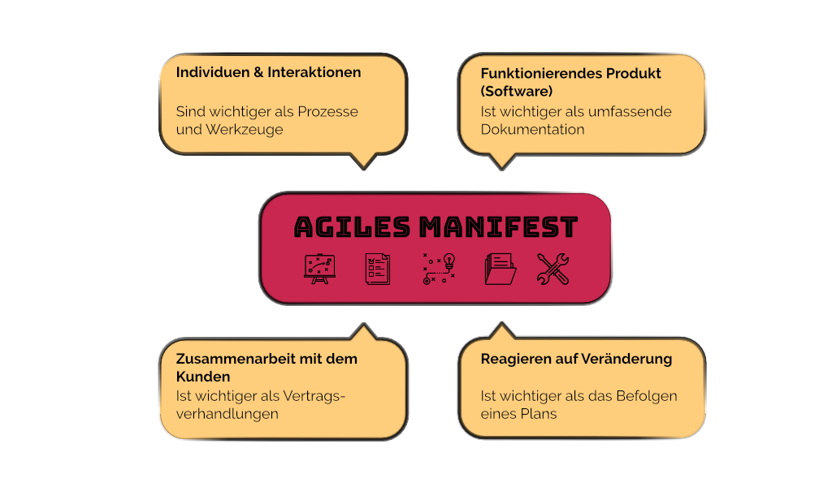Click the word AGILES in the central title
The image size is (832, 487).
click(351, 227)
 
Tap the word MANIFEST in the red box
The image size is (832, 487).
click(498, 227)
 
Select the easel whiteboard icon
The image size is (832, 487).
click(318, 269)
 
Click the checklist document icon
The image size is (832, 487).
click(377, 269)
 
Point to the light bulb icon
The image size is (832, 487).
click(448, 262)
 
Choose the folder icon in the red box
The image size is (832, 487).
click(500, 269)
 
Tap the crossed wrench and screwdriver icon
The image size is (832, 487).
click(553, 269)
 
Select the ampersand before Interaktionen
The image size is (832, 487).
click(258, 72)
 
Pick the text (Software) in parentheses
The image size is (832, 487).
click(517, 91)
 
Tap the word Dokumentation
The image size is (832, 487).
click(532, 129)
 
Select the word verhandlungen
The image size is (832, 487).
click(227, 414)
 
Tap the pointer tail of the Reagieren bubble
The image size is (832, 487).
click(501, 332)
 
